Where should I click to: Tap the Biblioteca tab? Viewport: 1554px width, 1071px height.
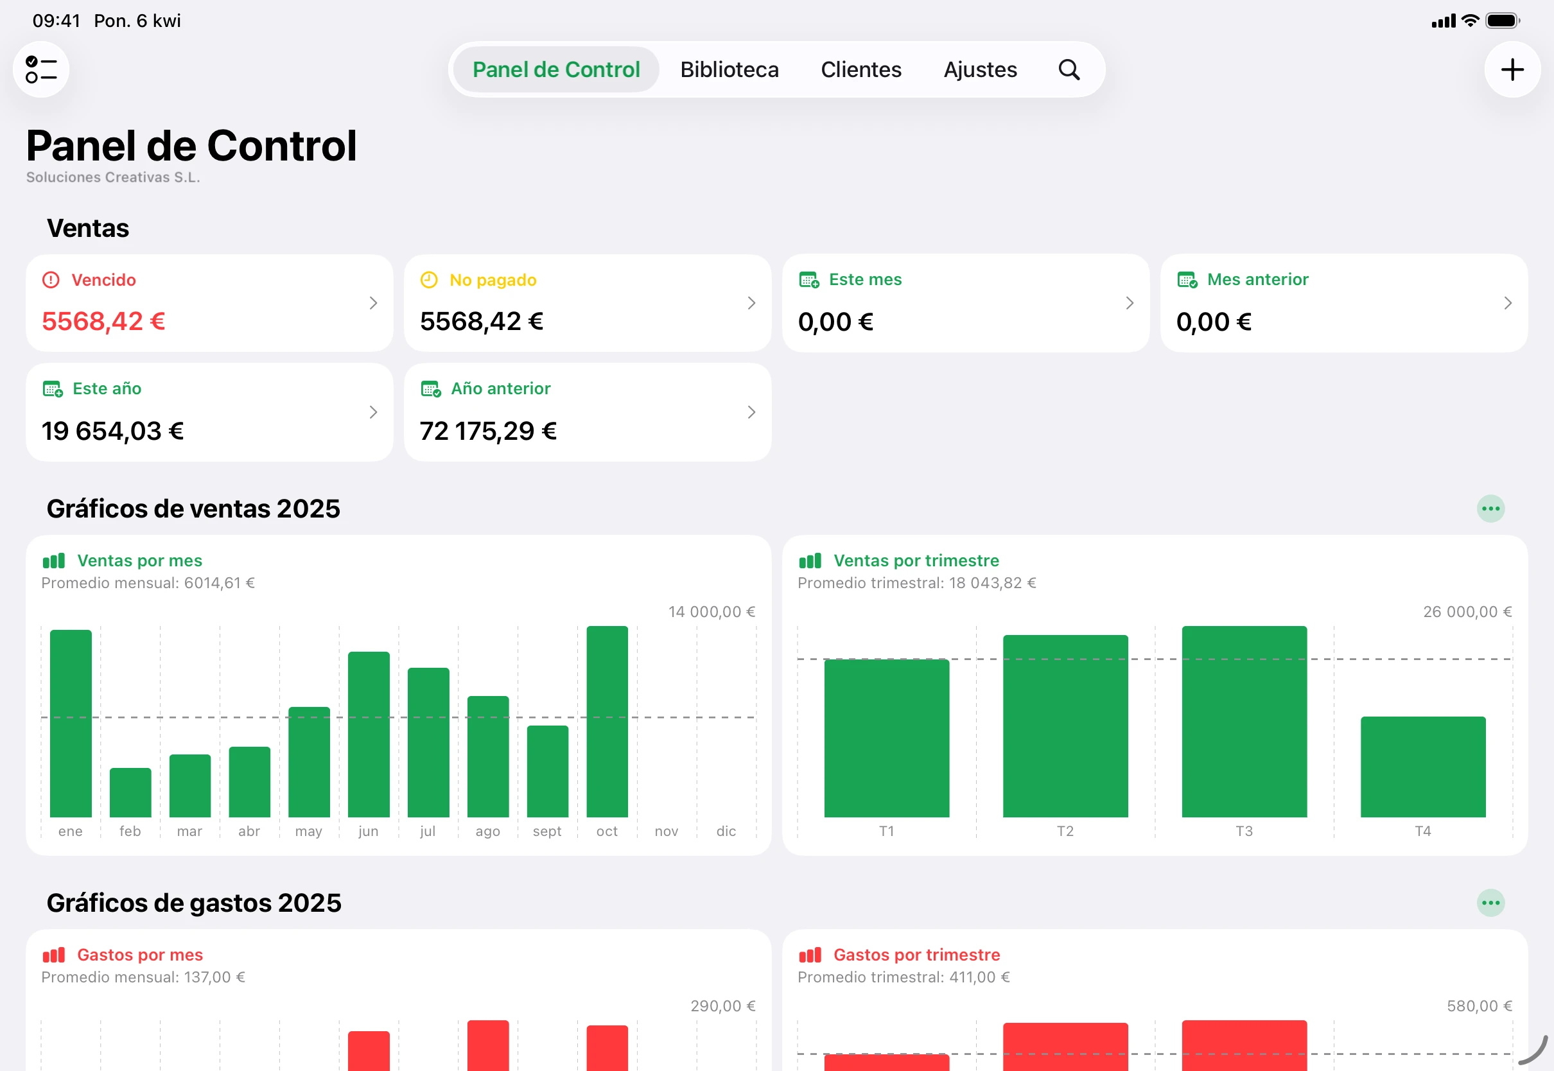coord(729,70)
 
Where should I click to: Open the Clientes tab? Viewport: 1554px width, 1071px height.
coord(861,70)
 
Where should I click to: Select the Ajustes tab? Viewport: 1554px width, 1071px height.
coord(980,70)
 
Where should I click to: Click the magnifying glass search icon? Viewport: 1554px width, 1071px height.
coord(1069,70)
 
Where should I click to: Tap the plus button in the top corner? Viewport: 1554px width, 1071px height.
coord(1512,70)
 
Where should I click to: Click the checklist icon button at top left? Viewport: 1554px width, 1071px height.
coord(41,70)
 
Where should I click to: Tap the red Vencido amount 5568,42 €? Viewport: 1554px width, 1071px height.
coord(103,322)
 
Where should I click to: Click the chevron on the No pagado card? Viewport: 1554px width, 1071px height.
coord(751,303)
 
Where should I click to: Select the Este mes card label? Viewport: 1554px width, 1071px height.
coord(865,279)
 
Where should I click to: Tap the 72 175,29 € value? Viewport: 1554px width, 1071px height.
coord(488,431)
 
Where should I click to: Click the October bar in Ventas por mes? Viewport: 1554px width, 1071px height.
coord(607,721)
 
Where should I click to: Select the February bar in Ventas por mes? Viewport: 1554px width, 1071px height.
coord(130,792)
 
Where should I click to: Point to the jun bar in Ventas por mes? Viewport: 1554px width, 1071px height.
coord(369,734)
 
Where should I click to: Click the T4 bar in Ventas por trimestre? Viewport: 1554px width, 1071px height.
coord(1422,767)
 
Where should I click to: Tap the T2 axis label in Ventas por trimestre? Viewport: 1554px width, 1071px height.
coord(1065,831)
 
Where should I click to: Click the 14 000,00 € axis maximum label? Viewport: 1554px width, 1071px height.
coord(712,611)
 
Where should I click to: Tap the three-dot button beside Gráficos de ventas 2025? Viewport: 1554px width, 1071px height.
coord(1490,509)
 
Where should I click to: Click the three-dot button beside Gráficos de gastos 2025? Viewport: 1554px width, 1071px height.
coord(1490,903)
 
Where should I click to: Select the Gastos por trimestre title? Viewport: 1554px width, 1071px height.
coord(916,954)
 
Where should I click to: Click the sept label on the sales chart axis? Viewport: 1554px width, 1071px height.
coord(547,831)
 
